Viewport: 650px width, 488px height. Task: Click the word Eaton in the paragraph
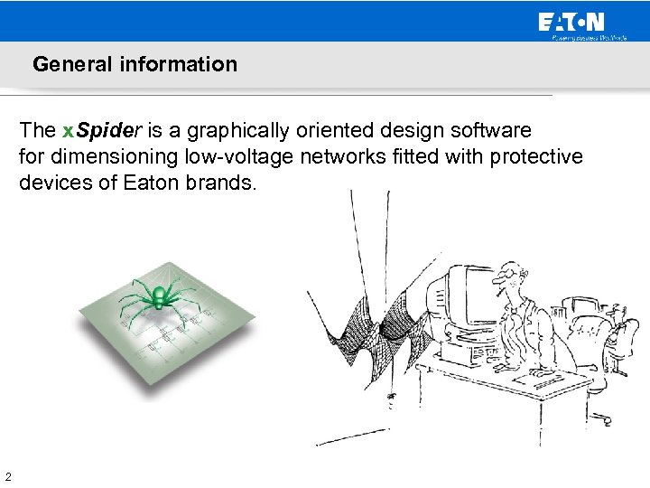(x=151, y=183)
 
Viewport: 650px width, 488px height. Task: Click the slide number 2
(x=7, y=476)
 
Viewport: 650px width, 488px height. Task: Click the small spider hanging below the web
(x=392, y=396)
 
